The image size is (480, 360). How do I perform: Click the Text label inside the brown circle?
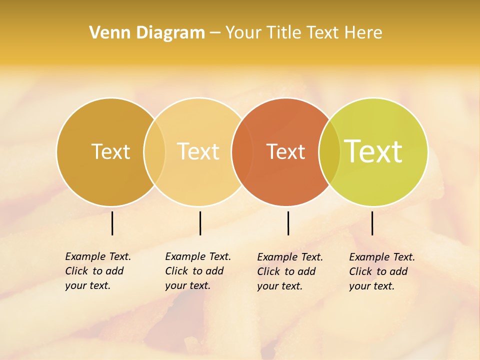coord(110,151)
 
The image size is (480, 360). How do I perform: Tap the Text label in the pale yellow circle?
coord(198,151)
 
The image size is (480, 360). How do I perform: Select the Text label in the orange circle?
coord(285,152)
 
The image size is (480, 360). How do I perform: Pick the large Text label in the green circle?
coord(373,151)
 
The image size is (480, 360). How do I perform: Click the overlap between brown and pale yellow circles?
coord(154,151)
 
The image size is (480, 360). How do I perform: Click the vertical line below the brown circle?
coord(112,223)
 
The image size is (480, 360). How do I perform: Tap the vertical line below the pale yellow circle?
coord(200,223)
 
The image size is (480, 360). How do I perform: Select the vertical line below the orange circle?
coord(288,223)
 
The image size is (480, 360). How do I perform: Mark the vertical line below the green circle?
coord(372,223)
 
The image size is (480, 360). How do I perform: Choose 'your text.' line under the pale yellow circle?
coord(187,286)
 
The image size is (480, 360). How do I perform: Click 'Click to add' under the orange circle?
coord(286,271)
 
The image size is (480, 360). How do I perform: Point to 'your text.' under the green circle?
coord(371,286)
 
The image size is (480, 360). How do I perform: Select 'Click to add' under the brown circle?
coord(94,271)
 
